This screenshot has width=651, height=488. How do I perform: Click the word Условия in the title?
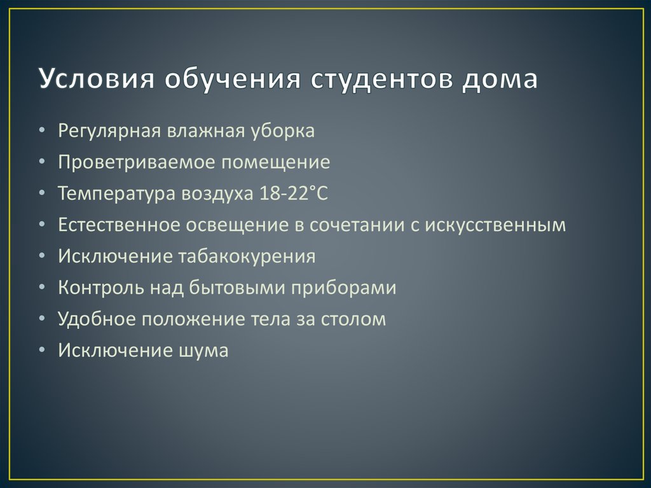(x=90, y=80)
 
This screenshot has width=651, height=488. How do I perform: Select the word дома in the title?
(x=500, y=80)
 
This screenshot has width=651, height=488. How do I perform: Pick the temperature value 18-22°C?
(x=293, y=193)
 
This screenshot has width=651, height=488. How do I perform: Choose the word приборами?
(x=344, y=288)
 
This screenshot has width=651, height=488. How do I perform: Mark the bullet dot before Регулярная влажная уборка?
(x=41, y=132)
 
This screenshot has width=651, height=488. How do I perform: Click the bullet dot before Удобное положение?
(x=41, y=319)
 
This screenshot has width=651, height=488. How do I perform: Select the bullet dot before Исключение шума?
(x=41, y=350)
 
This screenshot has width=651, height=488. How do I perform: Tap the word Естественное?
(x=120, y=225)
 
